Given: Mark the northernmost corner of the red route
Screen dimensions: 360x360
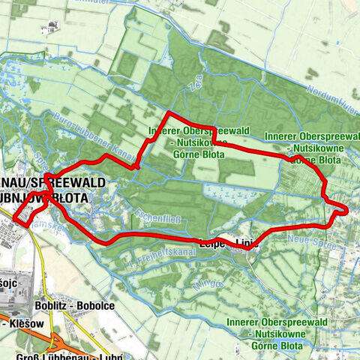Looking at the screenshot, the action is [x=167, y=113].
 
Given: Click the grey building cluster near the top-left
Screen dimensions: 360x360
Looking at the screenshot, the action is [x=53, y=28].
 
